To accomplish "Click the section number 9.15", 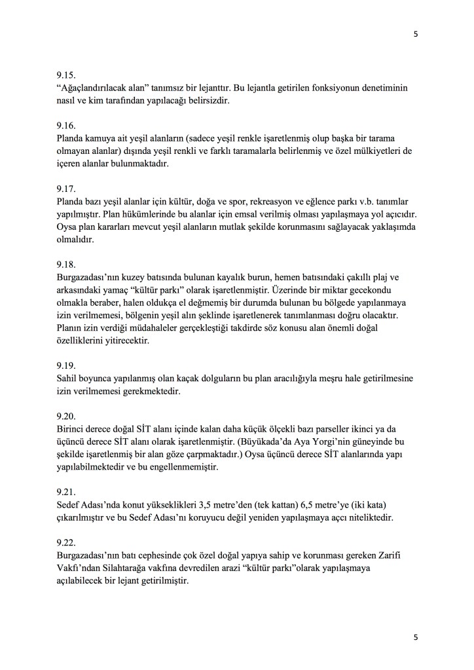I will (67, 75).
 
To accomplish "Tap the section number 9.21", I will (67, 491).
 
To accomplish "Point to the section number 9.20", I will (67, 417).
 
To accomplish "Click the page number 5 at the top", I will (415, 35).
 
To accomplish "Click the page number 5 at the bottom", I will (415, 637).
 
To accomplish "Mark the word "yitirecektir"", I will (129, 341).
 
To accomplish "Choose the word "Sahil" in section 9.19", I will (68, 379).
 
